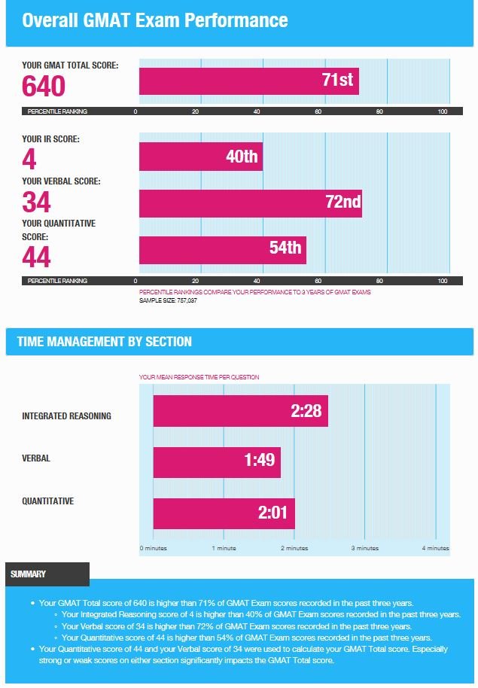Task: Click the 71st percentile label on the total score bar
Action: tap(337, 80)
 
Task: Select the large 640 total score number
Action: tap(44, 87)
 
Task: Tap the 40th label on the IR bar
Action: tap(242, 157)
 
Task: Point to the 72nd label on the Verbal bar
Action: tap(342, 202)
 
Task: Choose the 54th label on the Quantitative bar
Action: tap(285, 248)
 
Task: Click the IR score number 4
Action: tap(29, 159)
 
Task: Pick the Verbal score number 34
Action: tap(36, 202)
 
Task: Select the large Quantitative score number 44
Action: tap(36, 257)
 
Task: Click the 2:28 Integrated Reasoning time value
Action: tap(306, 411)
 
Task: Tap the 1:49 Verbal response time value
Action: tap(260, 460)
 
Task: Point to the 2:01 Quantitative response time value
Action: tap(273, 513)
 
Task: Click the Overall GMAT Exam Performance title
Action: tap(155, 20)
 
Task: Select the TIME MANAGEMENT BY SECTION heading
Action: tap(105, 342)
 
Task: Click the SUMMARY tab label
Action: tap(29, 574)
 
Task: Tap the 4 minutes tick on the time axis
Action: tap(435, 548)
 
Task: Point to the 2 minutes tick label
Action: tap(294, 548)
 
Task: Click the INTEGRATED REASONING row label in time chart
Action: tap(66, 416)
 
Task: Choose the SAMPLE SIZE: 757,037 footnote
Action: tap(168, 300)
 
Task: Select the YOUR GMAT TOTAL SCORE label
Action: tap(70, 65)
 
